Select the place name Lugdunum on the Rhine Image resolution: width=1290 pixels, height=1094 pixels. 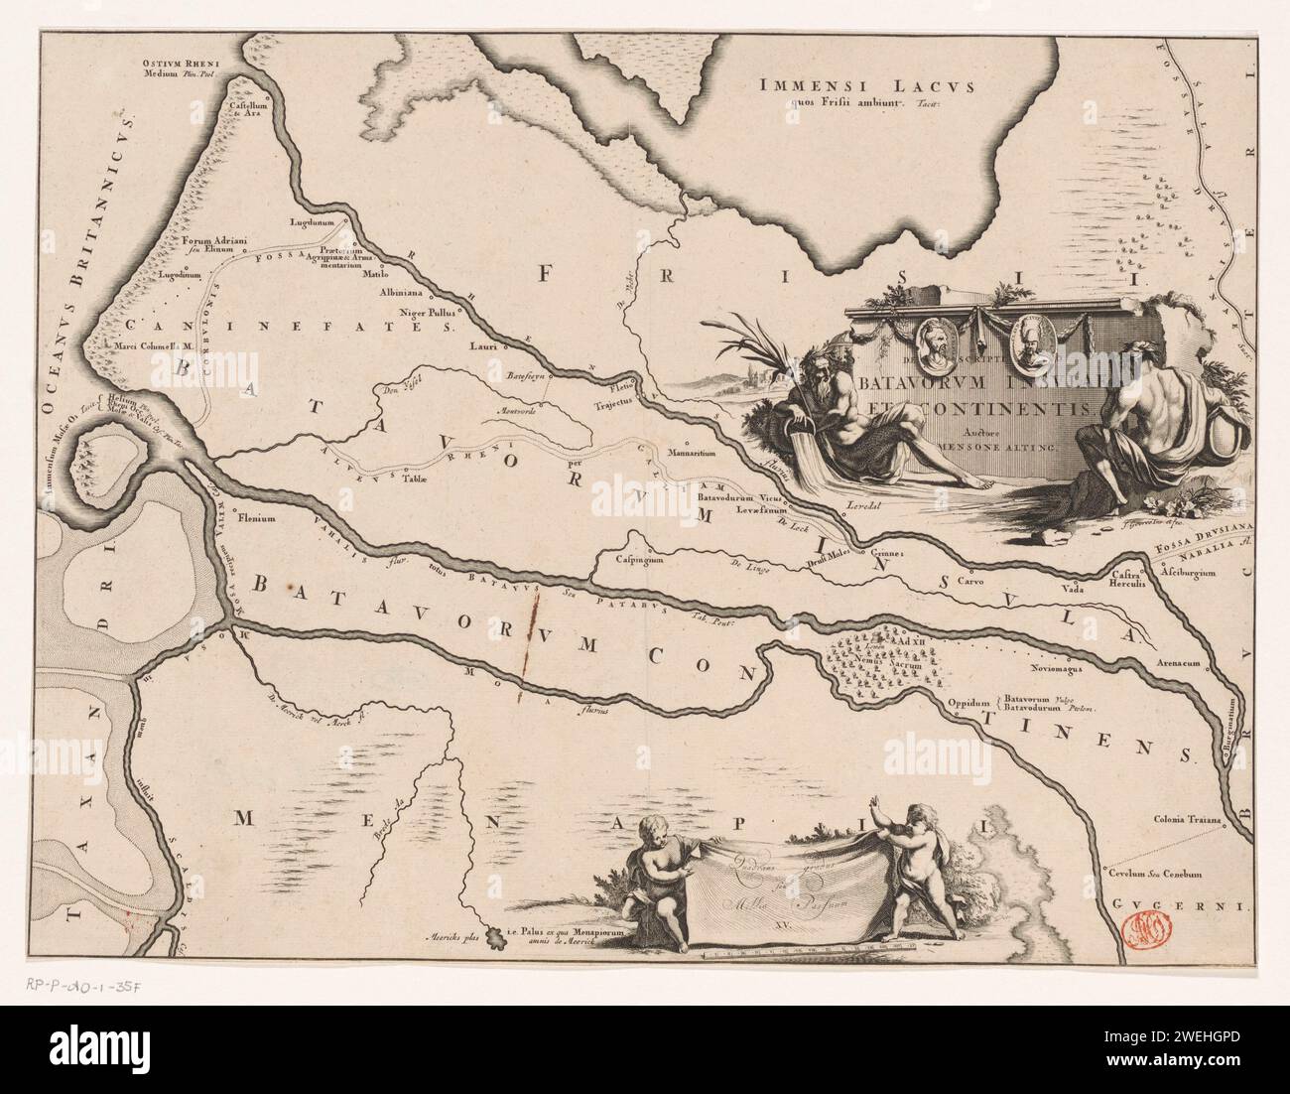[308, 223]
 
